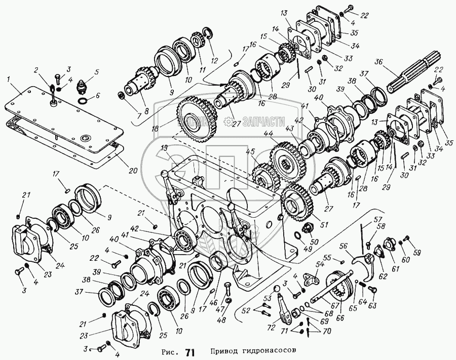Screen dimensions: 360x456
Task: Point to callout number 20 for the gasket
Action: point(133,171)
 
